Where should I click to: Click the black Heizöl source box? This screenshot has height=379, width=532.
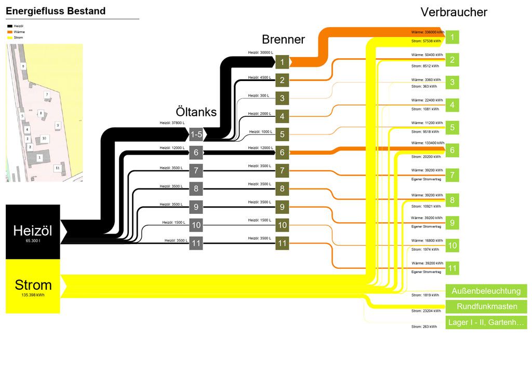tap(33, 232)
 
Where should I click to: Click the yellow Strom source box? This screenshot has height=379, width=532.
tap(33, 287)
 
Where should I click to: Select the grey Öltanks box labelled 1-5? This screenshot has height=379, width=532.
tap(196, 134)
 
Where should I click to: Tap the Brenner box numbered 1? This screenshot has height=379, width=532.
tap(282, 62)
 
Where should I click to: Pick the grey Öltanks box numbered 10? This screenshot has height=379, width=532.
tap(196, 225)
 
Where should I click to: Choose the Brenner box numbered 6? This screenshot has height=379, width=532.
tap(282, 152)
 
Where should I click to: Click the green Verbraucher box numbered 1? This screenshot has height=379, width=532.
tap(452, 37)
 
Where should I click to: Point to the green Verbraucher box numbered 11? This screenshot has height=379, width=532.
tap(452, 268)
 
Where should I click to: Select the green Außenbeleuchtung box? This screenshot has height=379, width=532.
tap(486, 291)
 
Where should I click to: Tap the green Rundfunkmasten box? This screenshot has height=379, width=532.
tap(486, 306)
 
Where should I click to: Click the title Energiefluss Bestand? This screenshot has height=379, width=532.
tap(56, 11)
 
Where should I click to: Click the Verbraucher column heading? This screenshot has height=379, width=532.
tap(454, 12)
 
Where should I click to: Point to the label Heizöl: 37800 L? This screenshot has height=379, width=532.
tap(172, 123)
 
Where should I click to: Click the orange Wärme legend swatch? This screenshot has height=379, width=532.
tap(9, 32)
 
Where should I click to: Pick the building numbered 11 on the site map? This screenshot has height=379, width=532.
tap(57, 168)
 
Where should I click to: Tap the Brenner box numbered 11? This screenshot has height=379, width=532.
tap(282, 242)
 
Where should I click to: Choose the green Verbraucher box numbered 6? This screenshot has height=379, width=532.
tap(452, 150)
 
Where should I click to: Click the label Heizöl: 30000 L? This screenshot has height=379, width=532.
tap(260, 52)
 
